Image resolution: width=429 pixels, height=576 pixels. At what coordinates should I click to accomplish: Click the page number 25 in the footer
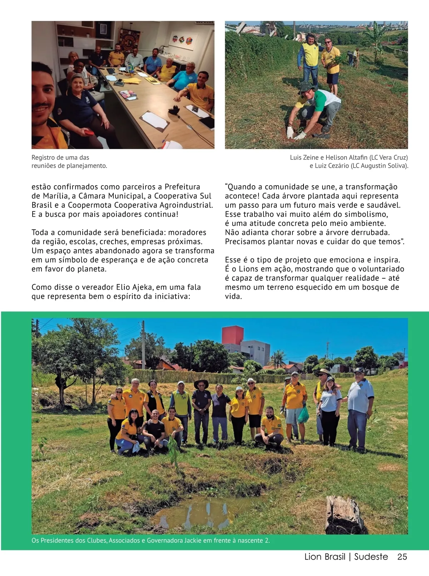(402, 557)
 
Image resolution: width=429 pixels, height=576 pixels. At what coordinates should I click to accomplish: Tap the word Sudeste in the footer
(371, 557)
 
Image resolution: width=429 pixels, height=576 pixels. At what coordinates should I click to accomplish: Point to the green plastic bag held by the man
(303, 414)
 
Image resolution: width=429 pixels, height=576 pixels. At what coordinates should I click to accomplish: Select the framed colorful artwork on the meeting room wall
(178, 39)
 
